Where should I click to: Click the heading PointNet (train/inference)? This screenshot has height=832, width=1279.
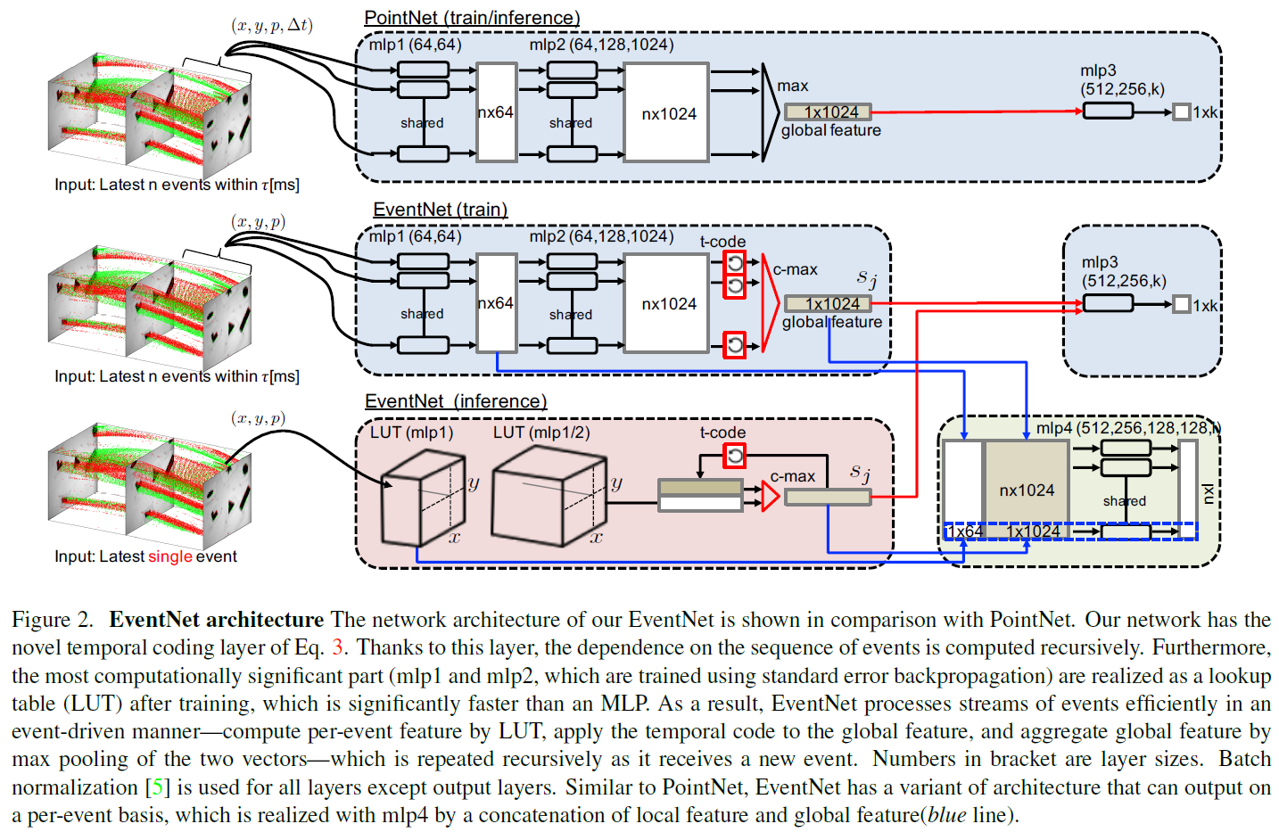(472, 18)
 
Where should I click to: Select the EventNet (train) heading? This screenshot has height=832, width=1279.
(440, 210)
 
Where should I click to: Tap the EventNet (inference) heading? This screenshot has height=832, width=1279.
(456, 402)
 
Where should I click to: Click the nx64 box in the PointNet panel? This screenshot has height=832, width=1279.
(497, 112)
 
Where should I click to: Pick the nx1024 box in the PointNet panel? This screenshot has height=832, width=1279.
(667, 113)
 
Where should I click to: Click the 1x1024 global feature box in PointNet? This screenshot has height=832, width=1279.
(828, 111)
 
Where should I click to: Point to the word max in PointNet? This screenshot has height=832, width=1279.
(792, 86)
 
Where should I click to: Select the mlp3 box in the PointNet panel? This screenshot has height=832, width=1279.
(1108, 111)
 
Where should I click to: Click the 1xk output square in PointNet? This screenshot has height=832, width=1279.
(1182, 111)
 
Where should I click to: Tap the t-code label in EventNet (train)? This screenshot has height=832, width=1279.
(722, 242)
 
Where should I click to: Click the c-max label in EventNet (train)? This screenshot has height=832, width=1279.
(795, 269)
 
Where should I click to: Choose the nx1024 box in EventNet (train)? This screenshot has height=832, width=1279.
(667, 304)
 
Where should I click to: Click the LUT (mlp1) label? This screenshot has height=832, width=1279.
(412, 432)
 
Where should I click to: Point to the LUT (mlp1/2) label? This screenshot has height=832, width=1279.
(541, 432)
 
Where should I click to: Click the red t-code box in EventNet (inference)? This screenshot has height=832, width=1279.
(734, 456)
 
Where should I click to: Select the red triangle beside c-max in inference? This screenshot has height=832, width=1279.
(770, 496)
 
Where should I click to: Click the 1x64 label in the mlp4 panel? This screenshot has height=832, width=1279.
(964, 531)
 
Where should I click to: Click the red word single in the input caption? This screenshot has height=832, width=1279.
(169, 556)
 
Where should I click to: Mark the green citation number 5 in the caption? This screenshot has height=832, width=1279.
(158, 787)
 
